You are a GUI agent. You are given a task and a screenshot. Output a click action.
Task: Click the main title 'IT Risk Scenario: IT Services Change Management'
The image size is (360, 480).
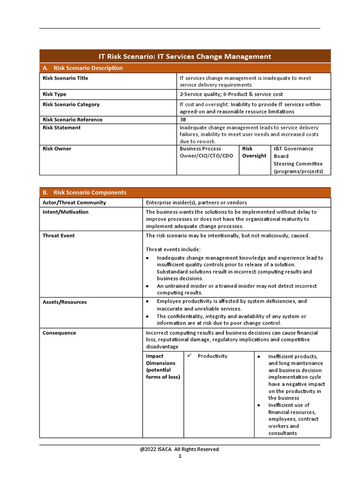click(185, 56)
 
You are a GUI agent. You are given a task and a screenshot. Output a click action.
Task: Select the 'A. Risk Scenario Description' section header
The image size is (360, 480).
click(82, 68)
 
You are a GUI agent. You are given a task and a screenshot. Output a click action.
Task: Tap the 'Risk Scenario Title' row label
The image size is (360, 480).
click(65, 78)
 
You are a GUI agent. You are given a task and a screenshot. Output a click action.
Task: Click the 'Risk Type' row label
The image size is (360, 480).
click(54, 94)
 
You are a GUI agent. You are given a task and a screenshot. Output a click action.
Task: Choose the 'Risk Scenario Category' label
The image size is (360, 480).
click(71, 105)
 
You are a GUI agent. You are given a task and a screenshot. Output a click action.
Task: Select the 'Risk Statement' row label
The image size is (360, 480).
click(61, 127)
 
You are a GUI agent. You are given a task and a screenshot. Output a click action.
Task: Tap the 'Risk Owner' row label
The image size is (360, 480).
click(57, 149)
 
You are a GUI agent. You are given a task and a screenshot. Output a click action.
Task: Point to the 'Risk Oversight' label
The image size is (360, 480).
click(254, 152)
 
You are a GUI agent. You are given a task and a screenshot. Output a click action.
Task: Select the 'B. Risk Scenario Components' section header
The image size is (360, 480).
click(84, 193)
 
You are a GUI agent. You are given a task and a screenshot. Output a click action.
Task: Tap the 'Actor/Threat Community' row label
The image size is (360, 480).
click(74, 202)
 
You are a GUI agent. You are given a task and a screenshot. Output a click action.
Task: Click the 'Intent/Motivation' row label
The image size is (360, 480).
click(65, 212)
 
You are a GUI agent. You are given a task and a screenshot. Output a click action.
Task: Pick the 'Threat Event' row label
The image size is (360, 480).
click(59, 235)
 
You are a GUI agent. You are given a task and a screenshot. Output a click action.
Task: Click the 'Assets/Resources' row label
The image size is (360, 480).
click(65, 302)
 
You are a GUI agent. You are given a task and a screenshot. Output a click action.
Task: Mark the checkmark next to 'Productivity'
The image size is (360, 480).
click(190, 356)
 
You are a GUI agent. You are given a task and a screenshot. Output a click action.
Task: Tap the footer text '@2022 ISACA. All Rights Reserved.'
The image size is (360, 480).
click(180, 449)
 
